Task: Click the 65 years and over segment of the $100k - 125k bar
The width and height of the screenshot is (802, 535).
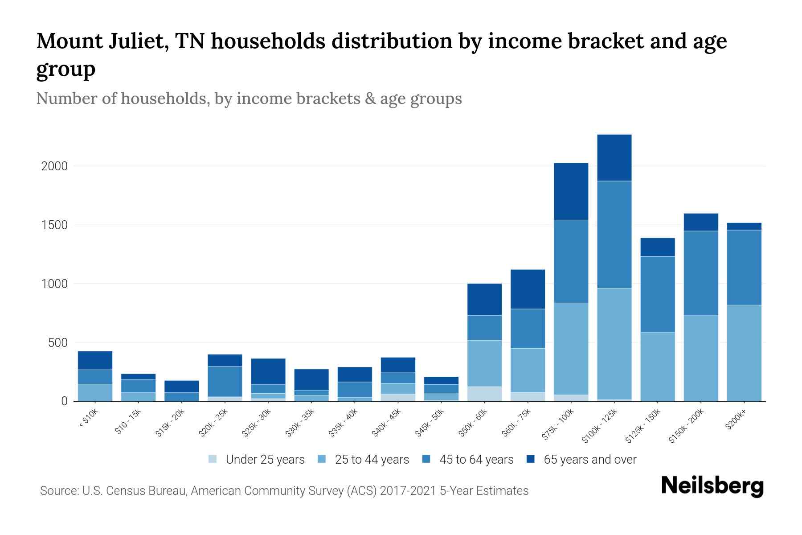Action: point(614,157)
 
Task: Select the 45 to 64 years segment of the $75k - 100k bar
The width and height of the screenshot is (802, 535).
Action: point(571,261)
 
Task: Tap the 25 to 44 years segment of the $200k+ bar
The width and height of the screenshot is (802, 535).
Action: point(744,353)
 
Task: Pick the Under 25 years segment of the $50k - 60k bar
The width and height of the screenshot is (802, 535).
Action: point(484,394)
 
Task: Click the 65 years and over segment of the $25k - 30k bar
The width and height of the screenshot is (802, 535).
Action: point(268,371)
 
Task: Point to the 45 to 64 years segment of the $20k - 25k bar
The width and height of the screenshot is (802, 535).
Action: point(225,381)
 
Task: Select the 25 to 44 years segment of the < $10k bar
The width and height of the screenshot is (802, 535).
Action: point(95,392)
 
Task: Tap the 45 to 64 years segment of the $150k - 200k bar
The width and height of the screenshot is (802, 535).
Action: point(700,273)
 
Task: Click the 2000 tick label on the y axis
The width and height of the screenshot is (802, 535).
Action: point(54,166)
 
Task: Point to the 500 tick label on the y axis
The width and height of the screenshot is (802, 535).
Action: point(58,343)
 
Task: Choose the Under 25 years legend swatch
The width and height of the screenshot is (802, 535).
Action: point(213,459)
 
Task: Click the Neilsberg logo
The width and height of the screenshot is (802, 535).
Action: point(712,486)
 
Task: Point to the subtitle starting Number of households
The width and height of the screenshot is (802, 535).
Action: point(249,99)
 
